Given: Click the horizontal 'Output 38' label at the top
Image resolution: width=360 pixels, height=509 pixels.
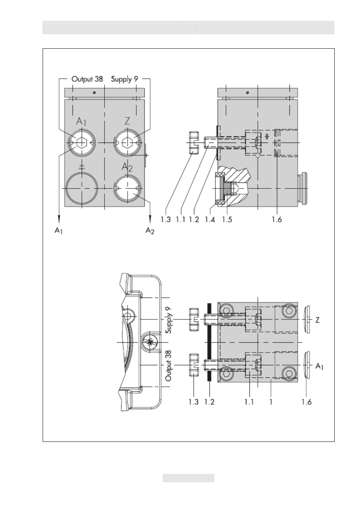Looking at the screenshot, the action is click(87, 79).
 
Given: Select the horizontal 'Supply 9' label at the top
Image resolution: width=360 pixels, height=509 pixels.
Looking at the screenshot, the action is click(125, 79).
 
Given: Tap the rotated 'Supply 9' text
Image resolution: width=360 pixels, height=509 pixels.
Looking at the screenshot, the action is click(168, 320).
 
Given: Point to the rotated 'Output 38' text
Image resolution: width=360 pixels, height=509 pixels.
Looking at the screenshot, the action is click(168, 365).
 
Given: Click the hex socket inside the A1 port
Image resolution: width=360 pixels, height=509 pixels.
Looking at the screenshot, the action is click(81, 143).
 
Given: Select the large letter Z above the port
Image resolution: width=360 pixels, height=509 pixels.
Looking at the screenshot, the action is click(127, 121).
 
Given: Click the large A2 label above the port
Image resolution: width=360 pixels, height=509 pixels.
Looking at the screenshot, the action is click(127, 167).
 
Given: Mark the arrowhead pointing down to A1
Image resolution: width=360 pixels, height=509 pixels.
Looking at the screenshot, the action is click(59, 219).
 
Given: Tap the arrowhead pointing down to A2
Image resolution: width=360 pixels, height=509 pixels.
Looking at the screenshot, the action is click(150, 219).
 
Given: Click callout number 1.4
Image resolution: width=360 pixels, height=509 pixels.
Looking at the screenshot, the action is click(210, 219).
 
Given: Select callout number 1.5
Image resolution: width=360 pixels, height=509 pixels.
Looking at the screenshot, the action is click(227, 219).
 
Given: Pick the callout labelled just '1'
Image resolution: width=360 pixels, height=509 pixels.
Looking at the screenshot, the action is click(271, 402).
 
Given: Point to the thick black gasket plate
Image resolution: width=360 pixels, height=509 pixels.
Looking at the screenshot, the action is click(209, 342).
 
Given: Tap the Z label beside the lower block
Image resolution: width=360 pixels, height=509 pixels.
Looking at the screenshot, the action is click(317, 320).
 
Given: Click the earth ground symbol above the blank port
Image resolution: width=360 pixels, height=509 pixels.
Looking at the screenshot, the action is click(82, 167).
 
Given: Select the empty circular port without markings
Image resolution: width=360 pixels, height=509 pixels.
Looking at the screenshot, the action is click(82, 189).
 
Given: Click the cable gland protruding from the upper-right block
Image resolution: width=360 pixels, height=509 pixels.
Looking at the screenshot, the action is click(303, 189).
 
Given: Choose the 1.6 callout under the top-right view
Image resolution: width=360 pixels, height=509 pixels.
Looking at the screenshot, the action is click(277, 219).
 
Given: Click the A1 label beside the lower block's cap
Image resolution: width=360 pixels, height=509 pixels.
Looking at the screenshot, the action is click(319, 366).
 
